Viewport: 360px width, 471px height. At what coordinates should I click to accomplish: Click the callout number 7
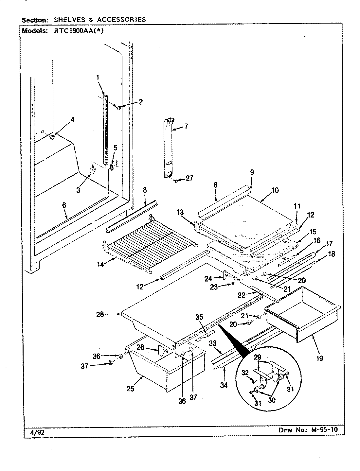(186, 126)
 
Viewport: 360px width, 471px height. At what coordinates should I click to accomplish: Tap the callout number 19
(319, 358)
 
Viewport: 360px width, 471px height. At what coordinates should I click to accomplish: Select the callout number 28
(100, 314)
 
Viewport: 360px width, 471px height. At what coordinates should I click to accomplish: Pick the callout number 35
(199, 317)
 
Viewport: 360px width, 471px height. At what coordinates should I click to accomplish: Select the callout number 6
(64, 205)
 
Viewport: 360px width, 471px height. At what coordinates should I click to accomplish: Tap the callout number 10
(275, 190)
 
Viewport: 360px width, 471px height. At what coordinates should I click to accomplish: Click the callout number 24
(208, 278)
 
